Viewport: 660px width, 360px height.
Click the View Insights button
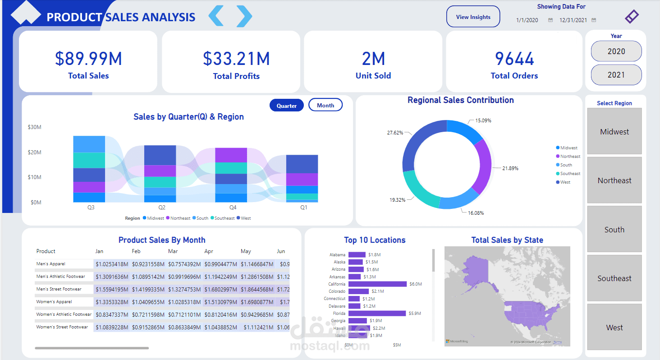(x=473, y=17)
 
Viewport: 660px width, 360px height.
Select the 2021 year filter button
(x=616, y=75)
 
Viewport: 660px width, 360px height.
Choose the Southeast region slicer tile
(x=614, y=278)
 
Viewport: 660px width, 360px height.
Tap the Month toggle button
(x=325, y=105)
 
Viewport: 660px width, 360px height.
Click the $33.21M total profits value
(x=236, y=59)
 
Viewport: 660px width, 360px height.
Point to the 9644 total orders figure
(x=514, y=59)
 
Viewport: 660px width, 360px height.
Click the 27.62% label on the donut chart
(x=395, y=133)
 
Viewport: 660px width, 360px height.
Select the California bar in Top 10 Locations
(x=377, y=284)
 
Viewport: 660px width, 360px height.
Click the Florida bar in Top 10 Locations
(x=377, y=313)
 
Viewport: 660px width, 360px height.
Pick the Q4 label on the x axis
(x=233, y=208)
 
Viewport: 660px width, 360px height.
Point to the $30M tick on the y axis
(x=34, y=127)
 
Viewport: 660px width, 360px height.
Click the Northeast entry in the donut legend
(x=570, y=157)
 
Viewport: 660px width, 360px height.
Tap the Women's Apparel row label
(x=54, y=302)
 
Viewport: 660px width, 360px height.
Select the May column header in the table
(x=246, y=251)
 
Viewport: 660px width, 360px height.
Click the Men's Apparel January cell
(x=112, y=264)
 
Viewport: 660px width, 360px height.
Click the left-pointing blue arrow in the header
(x=216, y=16)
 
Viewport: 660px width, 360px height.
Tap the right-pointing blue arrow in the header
(x=244, y=16)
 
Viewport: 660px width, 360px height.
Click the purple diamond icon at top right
(x=632, y=17)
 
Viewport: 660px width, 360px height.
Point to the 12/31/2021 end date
(x=573, y=20)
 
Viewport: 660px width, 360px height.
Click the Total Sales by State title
(x=507, y=240)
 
